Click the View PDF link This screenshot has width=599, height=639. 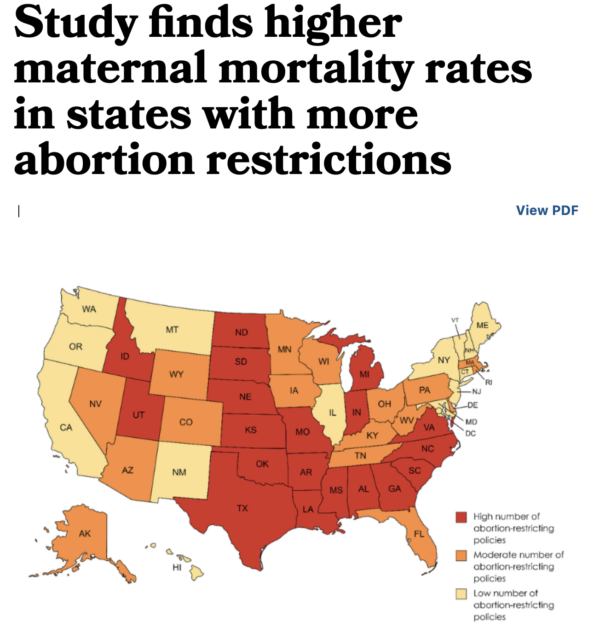point(547,210)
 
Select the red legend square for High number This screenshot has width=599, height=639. point(461,517)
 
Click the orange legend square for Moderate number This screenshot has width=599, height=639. point(461,555)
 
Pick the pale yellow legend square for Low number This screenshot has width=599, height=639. point(461,593)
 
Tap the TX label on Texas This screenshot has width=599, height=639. point(242,508)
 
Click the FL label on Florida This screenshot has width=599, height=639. point(419,534)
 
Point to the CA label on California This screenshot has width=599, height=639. point(66,428)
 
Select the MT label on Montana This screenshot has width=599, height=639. point(172,330)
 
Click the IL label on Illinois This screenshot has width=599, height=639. point(332,413)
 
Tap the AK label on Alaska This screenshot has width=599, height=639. point(85,534)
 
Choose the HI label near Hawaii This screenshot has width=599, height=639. point(177,568)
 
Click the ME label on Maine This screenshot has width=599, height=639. point(482,325)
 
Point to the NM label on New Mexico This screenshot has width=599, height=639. point(179,472)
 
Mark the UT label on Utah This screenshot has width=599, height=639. point(138,415)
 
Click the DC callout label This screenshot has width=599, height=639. point(470,433)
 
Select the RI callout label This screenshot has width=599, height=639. point(489,382)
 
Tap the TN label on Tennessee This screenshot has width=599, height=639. point(360,456)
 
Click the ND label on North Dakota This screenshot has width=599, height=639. point(241,332)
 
